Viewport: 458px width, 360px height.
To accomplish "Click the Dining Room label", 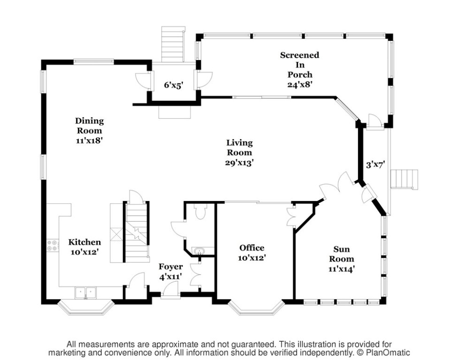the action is (89, 126).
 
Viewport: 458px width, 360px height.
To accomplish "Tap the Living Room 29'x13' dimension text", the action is (239, 163).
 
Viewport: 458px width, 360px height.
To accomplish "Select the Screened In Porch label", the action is (300, 65).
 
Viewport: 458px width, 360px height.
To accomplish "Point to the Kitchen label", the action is (85, 242).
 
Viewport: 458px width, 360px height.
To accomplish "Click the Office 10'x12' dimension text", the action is (252, 258).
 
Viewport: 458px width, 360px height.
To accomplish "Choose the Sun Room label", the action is (342, 254).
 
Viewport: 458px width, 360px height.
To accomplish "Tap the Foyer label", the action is (171, 267).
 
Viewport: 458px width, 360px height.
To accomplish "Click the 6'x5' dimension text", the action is (174, 85).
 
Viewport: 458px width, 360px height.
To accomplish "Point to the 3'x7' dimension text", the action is (375, 165).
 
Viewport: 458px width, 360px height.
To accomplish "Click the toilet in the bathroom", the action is (200, 211).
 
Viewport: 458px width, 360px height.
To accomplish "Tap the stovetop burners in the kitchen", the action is (52, 245).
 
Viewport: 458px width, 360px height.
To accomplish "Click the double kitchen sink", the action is (85, 293).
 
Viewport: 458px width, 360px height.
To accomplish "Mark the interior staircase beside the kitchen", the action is (137, 232).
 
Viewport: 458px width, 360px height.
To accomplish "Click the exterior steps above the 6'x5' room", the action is (174, 44).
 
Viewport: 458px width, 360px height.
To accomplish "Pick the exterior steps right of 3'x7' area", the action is (404, 180).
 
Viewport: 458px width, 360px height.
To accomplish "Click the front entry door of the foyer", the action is (171, 292).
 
